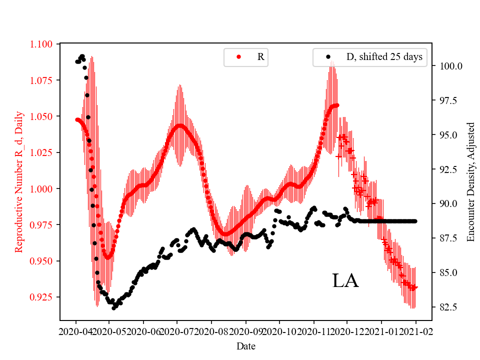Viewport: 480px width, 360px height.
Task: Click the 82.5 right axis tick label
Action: [x=448, y=306]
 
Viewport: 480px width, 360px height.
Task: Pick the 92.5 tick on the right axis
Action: [x=448, y=169]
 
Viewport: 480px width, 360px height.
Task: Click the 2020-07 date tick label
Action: [x=177, y=331]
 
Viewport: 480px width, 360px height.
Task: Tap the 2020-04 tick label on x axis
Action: [x=76, y=331]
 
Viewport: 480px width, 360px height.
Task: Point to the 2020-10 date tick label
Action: [x=279, y=331]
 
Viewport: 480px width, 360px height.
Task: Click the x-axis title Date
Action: [x=246, y=345]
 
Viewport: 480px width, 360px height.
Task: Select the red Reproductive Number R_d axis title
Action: [x=19, y=182]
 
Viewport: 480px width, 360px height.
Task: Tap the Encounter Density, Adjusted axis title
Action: [x=470, y=182]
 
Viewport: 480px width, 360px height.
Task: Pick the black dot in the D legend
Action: [x=328, y=57]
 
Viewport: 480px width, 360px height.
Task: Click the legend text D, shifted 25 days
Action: [x=384, y=57]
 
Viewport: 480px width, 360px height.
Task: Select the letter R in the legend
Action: [x=260, y=57]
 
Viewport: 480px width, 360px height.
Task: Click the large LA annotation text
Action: [x=345, y=281]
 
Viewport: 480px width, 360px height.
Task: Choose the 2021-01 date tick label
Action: [x=381, y=331]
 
